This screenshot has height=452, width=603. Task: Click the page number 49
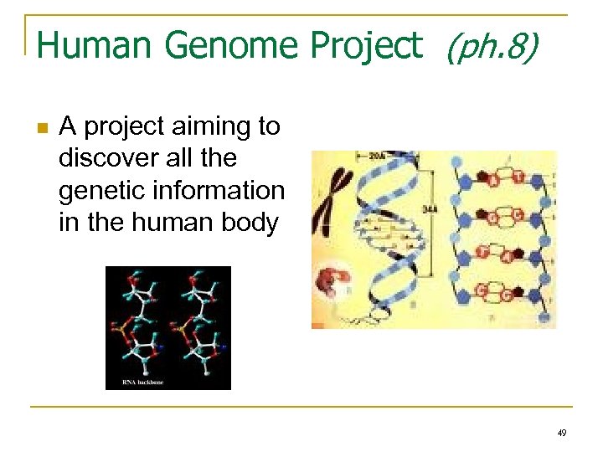point(561,434)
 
